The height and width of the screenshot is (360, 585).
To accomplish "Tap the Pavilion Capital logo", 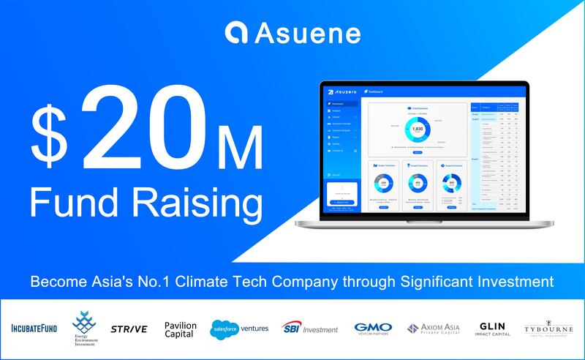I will pyautogui.click(x=181, y=328).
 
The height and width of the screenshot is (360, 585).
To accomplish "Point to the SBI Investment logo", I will pyautogui.click(x=312, y=329).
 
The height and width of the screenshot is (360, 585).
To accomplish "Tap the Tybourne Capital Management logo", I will pyautogui.click(x=549, y=329).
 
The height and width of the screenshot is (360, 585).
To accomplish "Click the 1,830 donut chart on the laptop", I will pyautogui.click(x=418, y=130).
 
